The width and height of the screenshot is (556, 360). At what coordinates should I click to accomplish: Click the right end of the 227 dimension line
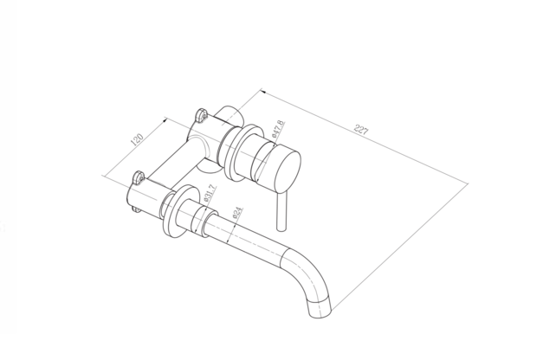pyautogui.click(x=467, y=184)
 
